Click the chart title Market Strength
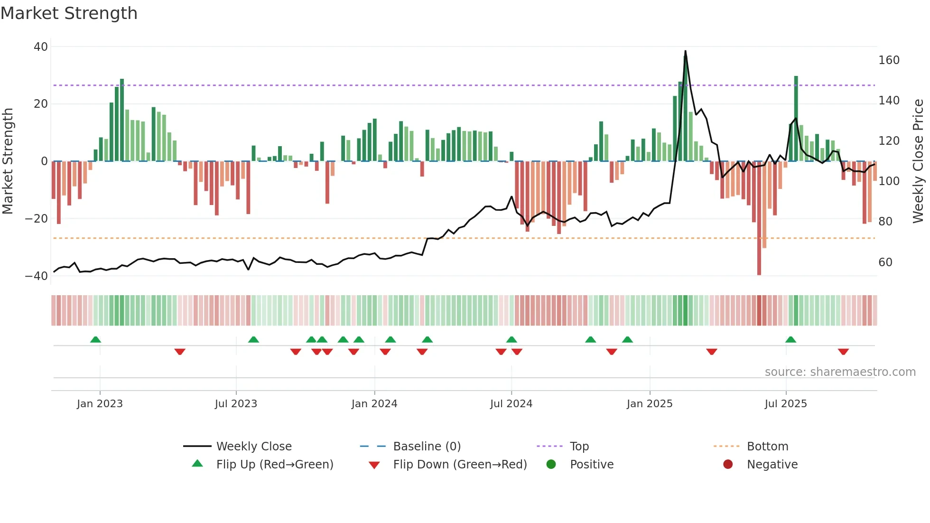(x=69, y=13)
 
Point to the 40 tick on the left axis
(x=41, y=47)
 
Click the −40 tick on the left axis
(x=37, y=276)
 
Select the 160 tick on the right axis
(x=889, y=60)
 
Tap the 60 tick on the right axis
(x=885, y=262)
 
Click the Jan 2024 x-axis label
(x=374, y=404)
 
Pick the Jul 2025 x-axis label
(x=786, y=404)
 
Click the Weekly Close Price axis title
(x=918, y=161)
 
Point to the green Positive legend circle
(x=551, y=465)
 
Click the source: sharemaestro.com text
(x=840, y=372)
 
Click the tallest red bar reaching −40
(x=759, y=218)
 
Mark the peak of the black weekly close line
(x=685, y=51)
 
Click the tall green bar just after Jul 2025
(x=796, y=119)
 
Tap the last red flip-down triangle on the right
(x=843, y=352)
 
